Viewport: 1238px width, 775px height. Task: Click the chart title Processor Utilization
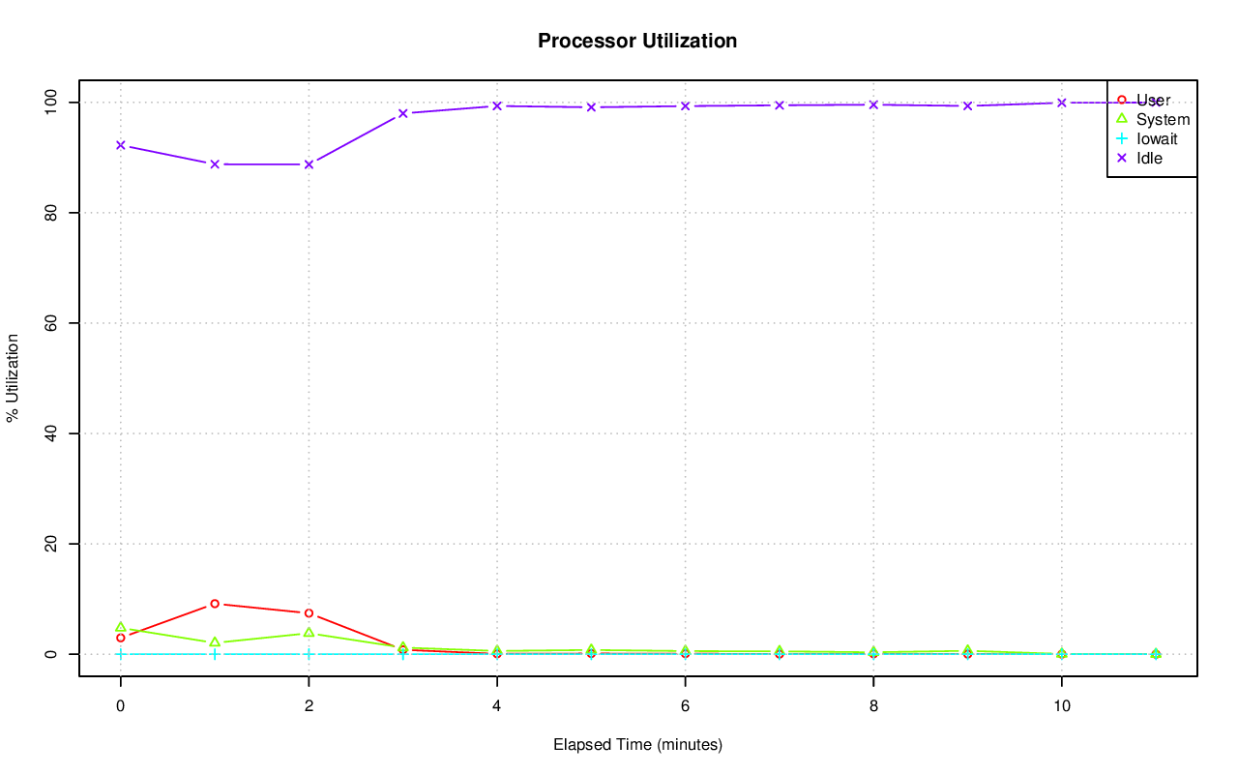pos(637,41)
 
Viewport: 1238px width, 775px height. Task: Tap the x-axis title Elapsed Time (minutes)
pos(637,745)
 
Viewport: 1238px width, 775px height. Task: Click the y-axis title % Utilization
pos(14,377)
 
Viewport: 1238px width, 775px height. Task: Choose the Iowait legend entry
pos(1157,138)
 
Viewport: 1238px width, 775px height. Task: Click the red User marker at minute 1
pos(215,604)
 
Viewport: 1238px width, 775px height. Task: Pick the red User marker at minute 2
pos(309,613)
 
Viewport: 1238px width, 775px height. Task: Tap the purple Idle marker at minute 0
pos(120,145)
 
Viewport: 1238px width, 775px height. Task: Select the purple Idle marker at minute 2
pos(309,164)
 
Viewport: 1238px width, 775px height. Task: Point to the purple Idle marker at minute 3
pos(402,113)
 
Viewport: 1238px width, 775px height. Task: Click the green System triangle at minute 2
pos(309,633)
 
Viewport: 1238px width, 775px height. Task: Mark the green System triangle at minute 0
pos(120,627)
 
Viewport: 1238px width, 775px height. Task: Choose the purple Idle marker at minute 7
pos(780,105)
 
